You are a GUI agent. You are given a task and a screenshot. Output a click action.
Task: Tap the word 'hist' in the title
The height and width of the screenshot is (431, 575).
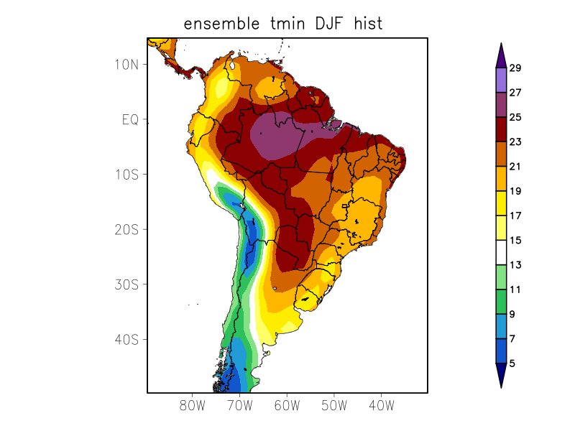point(367,24)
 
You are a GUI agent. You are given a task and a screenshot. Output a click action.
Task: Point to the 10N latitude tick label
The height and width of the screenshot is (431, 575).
point(126,64)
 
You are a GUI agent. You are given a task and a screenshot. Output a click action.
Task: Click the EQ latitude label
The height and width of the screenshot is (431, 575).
point(129,119)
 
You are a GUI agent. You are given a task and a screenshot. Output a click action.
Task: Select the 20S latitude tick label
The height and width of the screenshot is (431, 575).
point(126,229)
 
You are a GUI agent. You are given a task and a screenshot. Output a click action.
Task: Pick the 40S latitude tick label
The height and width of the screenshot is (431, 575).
point(126,339)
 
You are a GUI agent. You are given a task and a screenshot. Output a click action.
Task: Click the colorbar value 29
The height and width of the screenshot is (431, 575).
point(515,68)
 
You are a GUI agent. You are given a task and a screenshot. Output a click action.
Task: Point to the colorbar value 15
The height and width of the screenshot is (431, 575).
point(515,241)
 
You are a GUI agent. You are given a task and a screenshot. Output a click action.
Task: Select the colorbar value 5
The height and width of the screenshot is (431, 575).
point(512,363)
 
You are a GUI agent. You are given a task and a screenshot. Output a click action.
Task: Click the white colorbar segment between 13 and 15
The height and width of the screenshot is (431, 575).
point(501,253)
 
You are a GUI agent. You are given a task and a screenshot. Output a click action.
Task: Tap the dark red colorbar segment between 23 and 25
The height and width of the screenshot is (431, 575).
point(501,129)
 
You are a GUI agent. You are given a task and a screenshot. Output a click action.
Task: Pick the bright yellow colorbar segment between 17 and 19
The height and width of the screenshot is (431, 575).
point(501,203)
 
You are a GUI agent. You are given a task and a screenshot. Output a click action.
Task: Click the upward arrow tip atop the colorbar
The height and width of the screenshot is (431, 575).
point(501,45)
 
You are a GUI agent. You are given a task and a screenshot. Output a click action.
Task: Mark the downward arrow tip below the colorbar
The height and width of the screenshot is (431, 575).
point(501,386)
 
